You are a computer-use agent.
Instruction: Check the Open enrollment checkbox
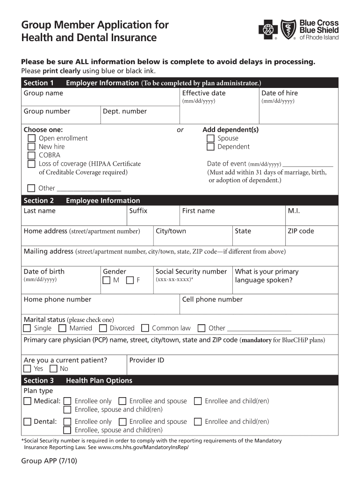click(31, 138)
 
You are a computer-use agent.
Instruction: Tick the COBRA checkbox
click(31, 155)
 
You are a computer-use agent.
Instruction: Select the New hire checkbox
click(31, 147)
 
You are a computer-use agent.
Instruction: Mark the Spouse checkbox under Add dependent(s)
click(210, 138)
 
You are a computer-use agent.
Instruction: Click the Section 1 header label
click(38, 83)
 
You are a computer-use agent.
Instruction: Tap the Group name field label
click(43, 93)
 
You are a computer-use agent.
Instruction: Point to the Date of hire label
click(279, 93)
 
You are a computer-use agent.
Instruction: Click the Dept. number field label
click(125, 111)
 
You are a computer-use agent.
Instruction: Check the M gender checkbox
click(107, 280)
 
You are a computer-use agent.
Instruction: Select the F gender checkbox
click(130, 280)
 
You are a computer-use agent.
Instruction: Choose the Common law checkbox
click(145, 328)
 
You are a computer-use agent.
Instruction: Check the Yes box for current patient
click(28, 369)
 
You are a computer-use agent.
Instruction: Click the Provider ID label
click(146, 360)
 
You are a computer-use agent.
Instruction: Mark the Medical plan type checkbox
click(28, 401)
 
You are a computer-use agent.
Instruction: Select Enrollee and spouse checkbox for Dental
click(122, 422)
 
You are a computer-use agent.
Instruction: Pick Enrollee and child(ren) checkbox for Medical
click(198, 401)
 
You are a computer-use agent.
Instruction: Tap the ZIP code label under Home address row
click(301, 231)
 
